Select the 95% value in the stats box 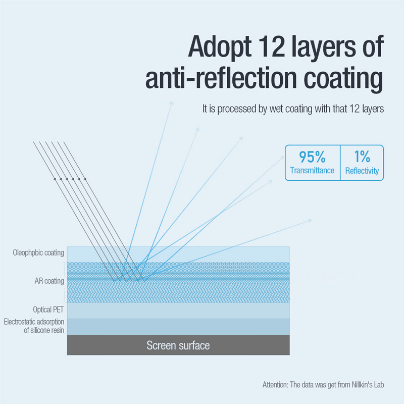(x=312, y=157)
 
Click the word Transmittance (x=312, y=171)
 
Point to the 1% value (x=362, y=157)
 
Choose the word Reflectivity (x=362, y=171)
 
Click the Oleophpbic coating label (x=38, y=252)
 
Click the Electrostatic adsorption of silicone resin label (x=34, y=326)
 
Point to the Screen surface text (x=178, y=346)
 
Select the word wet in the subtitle (x=273, y=109)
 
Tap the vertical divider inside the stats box (x=340, y=163)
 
